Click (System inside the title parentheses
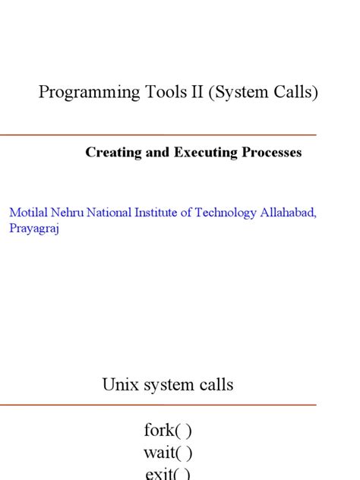pos(235,93)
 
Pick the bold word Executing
pos(205,153)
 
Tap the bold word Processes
pos(272,153)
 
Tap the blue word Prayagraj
pos(34,229)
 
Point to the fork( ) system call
pos(168,431)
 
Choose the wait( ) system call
pos(168,453)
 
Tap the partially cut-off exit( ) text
pos(168,474)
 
